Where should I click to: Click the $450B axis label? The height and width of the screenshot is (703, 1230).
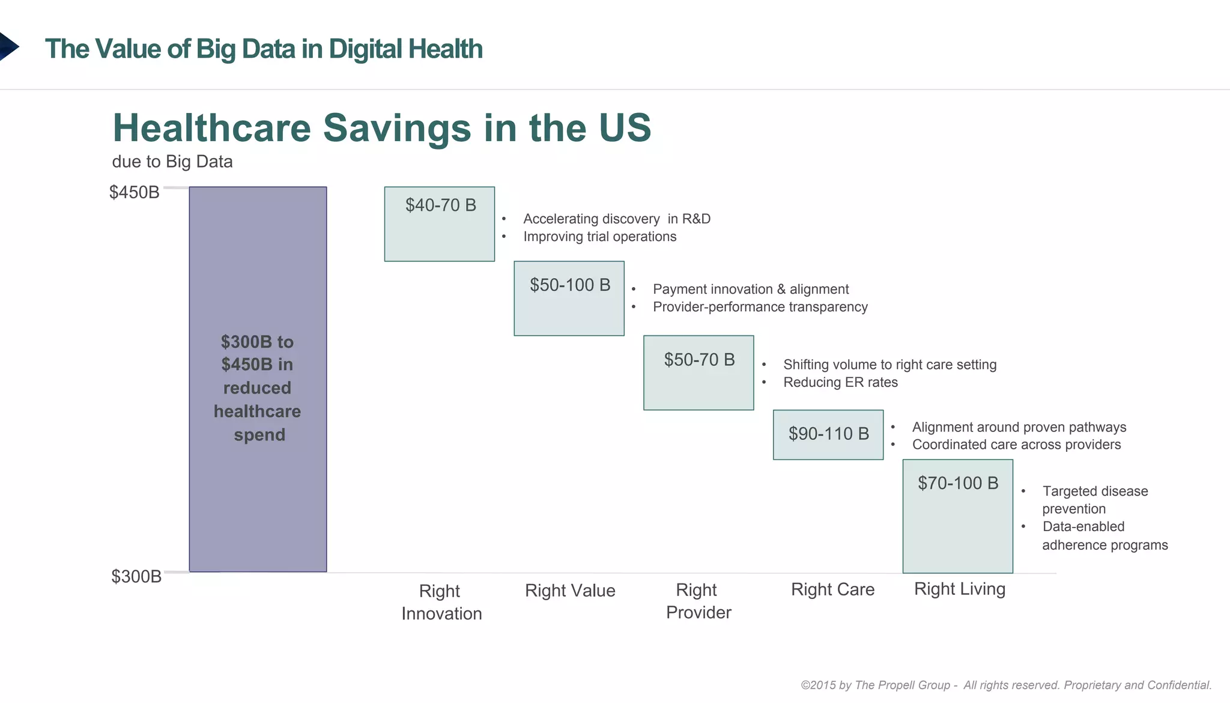coord(135,192)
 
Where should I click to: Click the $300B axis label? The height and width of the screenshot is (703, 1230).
coord(136,577)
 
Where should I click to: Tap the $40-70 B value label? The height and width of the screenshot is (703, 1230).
coord(440,205)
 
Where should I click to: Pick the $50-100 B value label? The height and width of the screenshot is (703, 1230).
coord(569,285)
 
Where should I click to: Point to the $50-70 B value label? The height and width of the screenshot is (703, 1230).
coord(699,360)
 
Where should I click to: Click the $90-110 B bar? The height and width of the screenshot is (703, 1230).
coord(828,434)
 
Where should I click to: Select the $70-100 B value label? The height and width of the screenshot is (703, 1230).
coord(957,483)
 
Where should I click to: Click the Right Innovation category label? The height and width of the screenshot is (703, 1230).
coord(441,602)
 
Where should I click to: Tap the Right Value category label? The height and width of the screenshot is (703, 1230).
coord(570,591)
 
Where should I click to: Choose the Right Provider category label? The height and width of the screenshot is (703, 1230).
coord(698,601)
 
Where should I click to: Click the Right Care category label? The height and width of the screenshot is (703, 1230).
coord(832,589)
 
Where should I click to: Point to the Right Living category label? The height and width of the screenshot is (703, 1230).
coord(959,589)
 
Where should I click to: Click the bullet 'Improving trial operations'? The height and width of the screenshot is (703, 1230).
coord(599,237)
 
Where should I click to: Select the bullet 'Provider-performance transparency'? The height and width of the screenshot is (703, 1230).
coord(760,307)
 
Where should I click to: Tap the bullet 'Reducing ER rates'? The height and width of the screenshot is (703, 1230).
coord(840,382)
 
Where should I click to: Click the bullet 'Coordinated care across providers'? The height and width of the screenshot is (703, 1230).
coord(1016,445)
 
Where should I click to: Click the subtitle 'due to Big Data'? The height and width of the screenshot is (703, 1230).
coord(172,162)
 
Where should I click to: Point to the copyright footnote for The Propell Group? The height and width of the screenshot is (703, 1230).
coord(1006,685)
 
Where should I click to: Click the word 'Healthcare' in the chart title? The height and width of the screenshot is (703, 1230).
coord(212,128)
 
